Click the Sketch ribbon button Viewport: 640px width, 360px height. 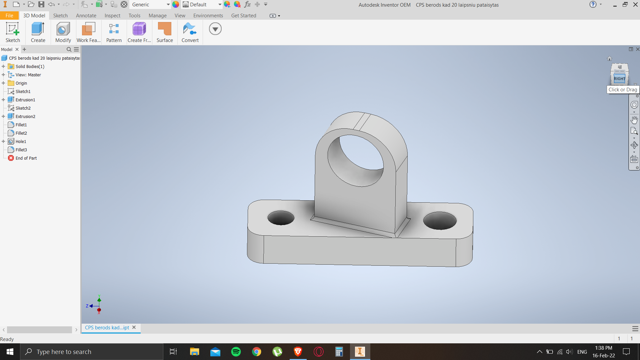(13, 32)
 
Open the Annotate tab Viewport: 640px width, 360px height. (86, 16)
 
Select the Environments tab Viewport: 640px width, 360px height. (208, 16)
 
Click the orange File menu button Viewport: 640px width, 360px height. (9, 16)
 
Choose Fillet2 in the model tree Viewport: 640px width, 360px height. (21, 133)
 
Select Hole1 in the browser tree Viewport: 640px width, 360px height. (21, 141)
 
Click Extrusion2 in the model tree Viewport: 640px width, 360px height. (25, 116)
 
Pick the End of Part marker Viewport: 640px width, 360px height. (26, 158)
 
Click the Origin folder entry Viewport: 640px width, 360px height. (21, 83)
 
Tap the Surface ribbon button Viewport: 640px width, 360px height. (165, 32)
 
